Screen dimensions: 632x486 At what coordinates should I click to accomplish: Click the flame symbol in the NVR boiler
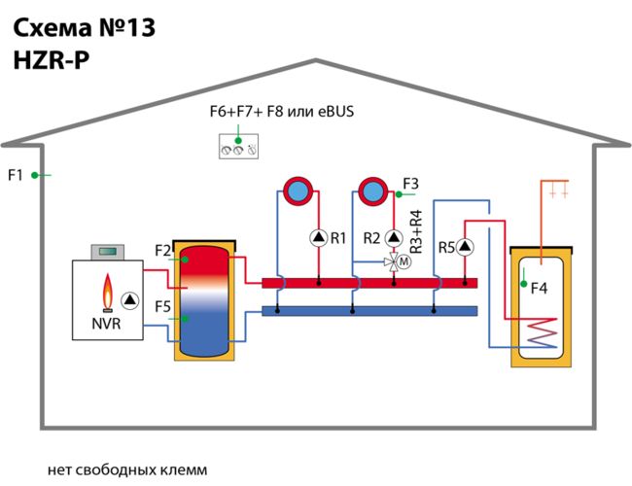tap(108, 293)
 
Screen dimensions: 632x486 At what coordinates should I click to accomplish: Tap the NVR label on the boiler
tap(106, 324)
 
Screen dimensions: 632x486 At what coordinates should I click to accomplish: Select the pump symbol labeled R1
tap(318, 238)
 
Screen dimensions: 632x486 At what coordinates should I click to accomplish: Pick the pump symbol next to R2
tap(394, 238)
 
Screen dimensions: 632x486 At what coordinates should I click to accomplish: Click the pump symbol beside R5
tap(465, 247)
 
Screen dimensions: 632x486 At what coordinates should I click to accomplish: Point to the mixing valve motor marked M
tap(404, 261)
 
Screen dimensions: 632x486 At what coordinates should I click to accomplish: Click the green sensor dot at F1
tap(35, 175)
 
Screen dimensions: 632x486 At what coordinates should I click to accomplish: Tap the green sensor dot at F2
tap(185, 260)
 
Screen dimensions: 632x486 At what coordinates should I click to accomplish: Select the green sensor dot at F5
tap(185, 319)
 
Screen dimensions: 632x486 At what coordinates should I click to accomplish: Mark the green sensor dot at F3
tap(399, 194)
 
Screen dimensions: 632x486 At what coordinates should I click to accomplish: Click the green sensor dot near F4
tap(523, 284)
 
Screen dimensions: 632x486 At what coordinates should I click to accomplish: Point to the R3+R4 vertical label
tap(415, 231)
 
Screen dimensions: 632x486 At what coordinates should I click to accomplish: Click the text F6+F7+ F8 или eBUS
tap(282, 111)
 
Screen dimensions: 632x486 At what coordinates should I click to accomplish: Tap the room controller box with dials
tap(238, 146)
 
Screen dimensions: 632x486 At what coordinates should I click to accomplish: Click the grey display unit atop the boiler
tap(108, 252)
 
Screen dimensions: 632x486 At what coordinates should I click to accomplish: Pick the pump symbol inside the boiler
tap(129, 300)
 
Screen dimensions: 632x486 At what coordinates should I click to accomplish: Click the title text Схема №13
tap(85, 28)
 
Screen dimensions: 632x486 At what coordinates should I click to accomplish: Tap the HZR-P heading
tap(52, 60)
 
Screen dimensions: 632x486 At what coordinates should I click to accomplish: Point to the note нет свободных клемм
tap(127, 469)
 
